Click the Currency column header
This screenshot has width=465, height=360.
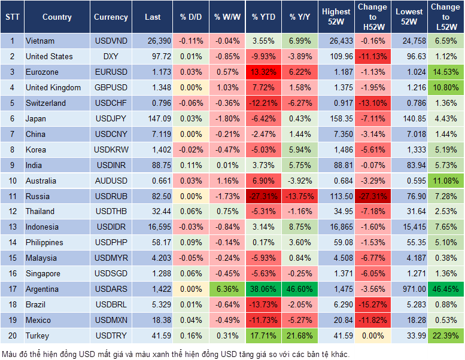pos(111,17)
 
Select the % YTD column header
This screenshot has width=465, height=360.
pos(263,17)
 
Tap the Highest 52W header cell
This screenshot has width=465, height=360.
pos(336,17)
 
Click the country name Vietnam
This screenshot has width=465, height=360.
pos(40,41)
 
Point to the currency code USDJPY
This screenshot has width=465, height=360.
pos(111,119)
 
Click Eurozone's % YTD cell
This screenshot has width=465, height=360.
pos(263,72)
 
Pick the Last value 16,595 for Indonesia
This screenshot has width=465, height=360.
pos(153,227)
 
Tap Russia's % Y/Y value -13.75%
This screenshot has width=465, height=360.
pos(300,196)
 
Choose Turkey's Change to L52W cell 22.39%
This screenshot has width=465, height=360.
pos(446,336)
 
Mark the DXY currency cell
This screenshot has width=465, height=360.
pos(111,57)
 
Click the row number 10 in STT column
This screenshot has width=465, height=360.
pos(11,181)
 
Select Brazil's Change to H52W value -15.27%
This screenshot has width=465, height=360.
pos(372,305)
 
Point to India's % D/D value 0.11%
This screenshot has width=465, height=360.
pos(191,166)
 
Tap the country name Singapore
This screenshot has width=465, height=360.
pos(42,274)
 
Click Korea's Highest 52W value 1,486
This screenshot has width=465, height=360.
pos(336,150)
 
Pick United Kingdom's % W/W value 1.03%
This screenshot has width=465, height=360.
pos(226,88)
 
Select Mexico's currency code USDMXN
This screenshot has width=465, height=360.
pos(111,321)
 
